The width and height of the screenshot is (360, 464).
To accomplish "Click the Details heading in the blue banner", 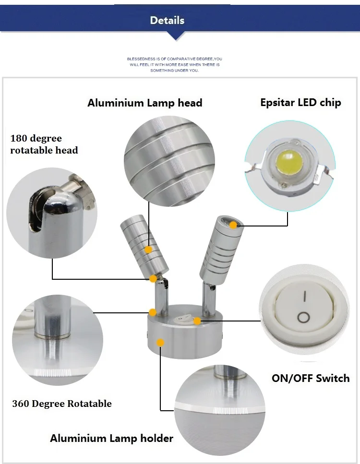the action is [167, 21].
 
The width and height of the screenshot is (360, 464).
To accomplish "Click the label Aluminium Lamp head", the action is [145, 103].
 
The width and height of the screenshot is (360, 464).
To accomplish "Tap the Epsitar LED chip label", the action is [300, 102].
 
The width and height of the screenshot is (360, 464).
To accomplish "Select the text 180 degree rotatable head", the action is [44, 144].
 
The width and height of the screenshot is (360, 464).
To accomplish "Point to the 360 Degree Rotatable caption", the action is [62, 404].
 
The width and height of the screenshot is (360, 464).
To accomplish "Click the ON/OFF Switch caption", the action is [311, 378].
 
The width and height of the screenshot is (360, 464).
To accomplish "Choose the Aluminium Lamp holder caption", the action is [112, 438].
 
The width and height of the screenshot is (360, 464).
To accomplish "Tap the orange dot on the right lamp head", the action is [233, 225].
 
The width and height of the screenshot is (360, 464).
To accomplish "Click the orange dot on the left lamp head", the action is [148, 250].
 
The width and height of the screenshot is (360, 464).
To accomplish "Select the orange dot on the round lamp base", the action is [160, 343].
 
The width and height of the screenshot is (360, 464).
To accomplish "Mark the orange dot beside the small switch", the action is [197, 321].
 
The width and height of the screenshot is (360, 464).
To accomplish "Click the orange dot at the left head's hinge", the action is [153, 278].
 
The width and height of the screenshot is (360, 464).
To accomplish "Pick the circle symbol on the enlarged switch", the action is [303, 318].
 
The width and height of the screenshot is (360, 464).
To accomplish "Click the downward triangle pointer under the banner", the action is [176, 36].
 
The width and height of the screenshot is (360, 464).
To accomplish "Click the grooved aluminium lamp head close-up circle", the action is [169, 161].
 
